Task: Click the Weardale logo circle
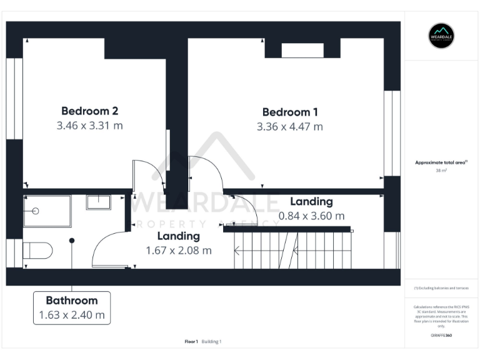click(x=441, y=36)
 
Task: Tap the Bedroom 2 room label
click(x=89, y=111)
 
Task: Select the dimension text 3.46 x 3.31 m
click(x=89, y=126)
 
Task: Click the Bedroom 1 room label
click(x=289, y=112)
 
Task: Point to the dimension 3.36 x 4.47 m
click(x=289, y=127)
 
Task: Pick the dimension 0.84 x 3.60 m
click(x=311, y=216)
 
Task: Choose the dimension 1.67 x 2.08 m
click(x=178, y=251)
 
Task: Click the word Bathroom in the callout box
click(x=71, y=301)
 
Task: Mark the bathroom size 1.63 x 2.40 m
click(x=71, y=315)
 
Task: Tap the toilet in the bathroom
click(x=36, y=250)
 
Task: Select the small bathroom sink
click(x=98, y=202)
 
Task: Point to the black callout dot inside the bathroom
click(x=72, y=241)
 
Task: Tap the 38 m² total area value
click(x=441, y=170)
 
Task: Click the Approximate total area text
click(x=440, y=162)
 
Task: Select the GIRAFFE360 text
click(x=441, y=336)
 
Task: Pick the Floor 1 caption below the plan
click(x=191, y=341)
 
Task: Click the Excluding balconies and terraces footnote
click(x=441, y=288)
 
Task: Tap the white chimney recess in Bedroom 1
click(x=302, y=51)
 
